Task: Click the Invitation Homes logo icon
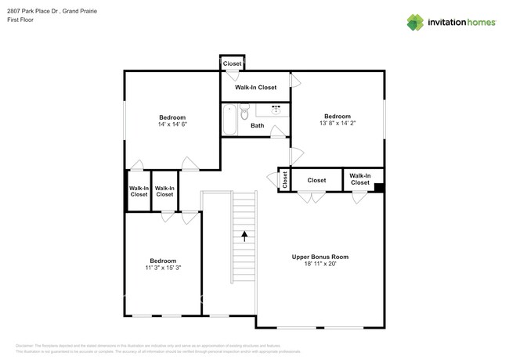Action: pyautogui.click(x=417, y=22)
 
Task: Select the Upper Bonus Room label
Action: pyautogui.click(x=319, y=257)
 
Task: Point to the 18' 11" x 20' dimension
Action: pyautogui.click(x=319, y=265)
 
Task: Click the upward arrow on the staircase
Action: pyautogui.click(x=244, y=234)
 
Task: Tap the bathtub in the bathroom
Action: pyautogui.click(x=229, y=120)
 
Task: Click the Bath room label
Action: pyautogui.click(x=257, y=126)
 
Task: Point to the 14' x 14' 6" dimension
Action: pyautogui.click(x=172, y=124)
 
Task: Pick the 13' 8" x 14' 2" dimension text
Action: pyautogui.click(x=338, y=122)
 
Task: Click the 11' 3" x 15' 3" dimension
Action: pyautogui.click(x=163, y=268)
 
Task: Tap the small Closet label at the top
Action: pyautogui.click(x=232, y=63)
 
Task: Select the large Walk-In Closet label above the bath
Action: pyautogui.click(x=255, y=88)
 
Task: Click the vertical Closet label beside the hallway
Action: pyautogui.click(x=284, y=179)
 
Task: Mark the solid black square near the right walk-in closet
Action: pyautogui.click(x=379, y=187)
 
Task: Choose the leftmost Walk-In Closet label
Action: pyautogui.click(x=139, y=191)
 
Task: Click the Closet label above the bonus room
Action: pyautogui.click(x=316, y=180)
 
